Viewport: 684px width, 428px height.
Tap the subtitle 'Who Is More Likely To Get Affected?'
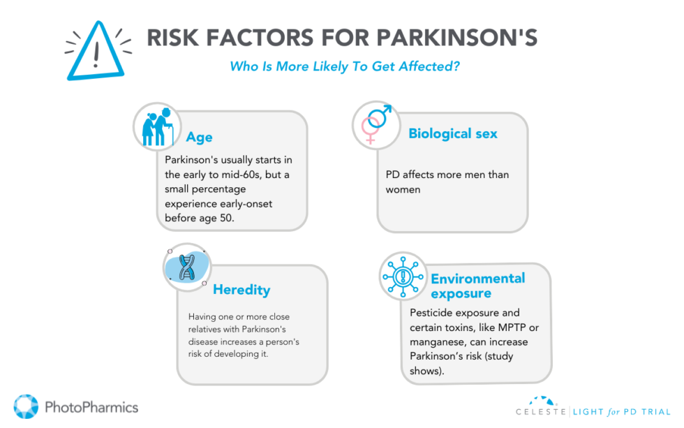coord(345,67)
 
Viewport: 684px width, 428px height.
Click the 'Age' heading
coord(199,137)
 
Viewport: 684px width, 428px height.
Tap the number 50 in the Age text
coord(235,219)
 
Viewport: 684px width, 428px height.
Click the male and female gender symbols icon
coord(376,124)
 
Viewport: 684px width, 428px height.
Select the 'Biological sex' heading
coord(452,133)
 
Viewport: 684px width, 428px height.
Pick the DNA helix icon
coord(186,267)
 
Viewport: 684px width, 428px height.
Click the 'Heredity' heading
coord(241,289)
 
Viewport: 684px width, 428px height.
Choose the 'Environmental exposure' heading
coord(477,285)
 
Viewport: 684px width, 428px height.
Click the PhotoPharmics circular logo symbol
coord(27,407)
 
